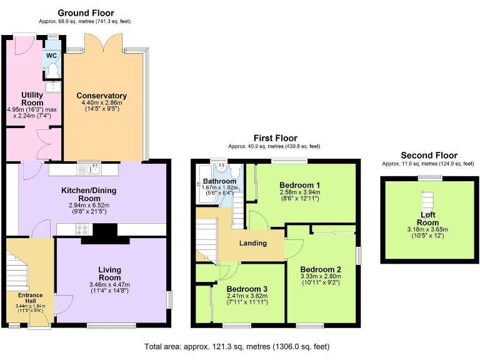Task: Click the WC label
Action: coord(51,55)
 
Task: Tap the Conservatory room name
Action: coord(101,96)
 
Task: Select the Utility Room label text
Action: coord(32,99)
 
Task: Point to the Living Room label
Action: coord(109,273)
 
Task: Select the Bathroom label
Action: coord(219,182)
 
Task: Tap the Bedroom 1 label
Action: coord(299,185)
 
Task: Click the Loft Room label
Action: coord(427,218)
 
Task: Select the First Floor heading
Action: coord(275,137)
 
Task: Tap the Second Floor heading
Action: coord(429,155)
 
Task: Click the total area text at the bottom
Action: coord(237,346)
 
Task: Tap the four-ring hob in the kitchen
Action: coord(82,229)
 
